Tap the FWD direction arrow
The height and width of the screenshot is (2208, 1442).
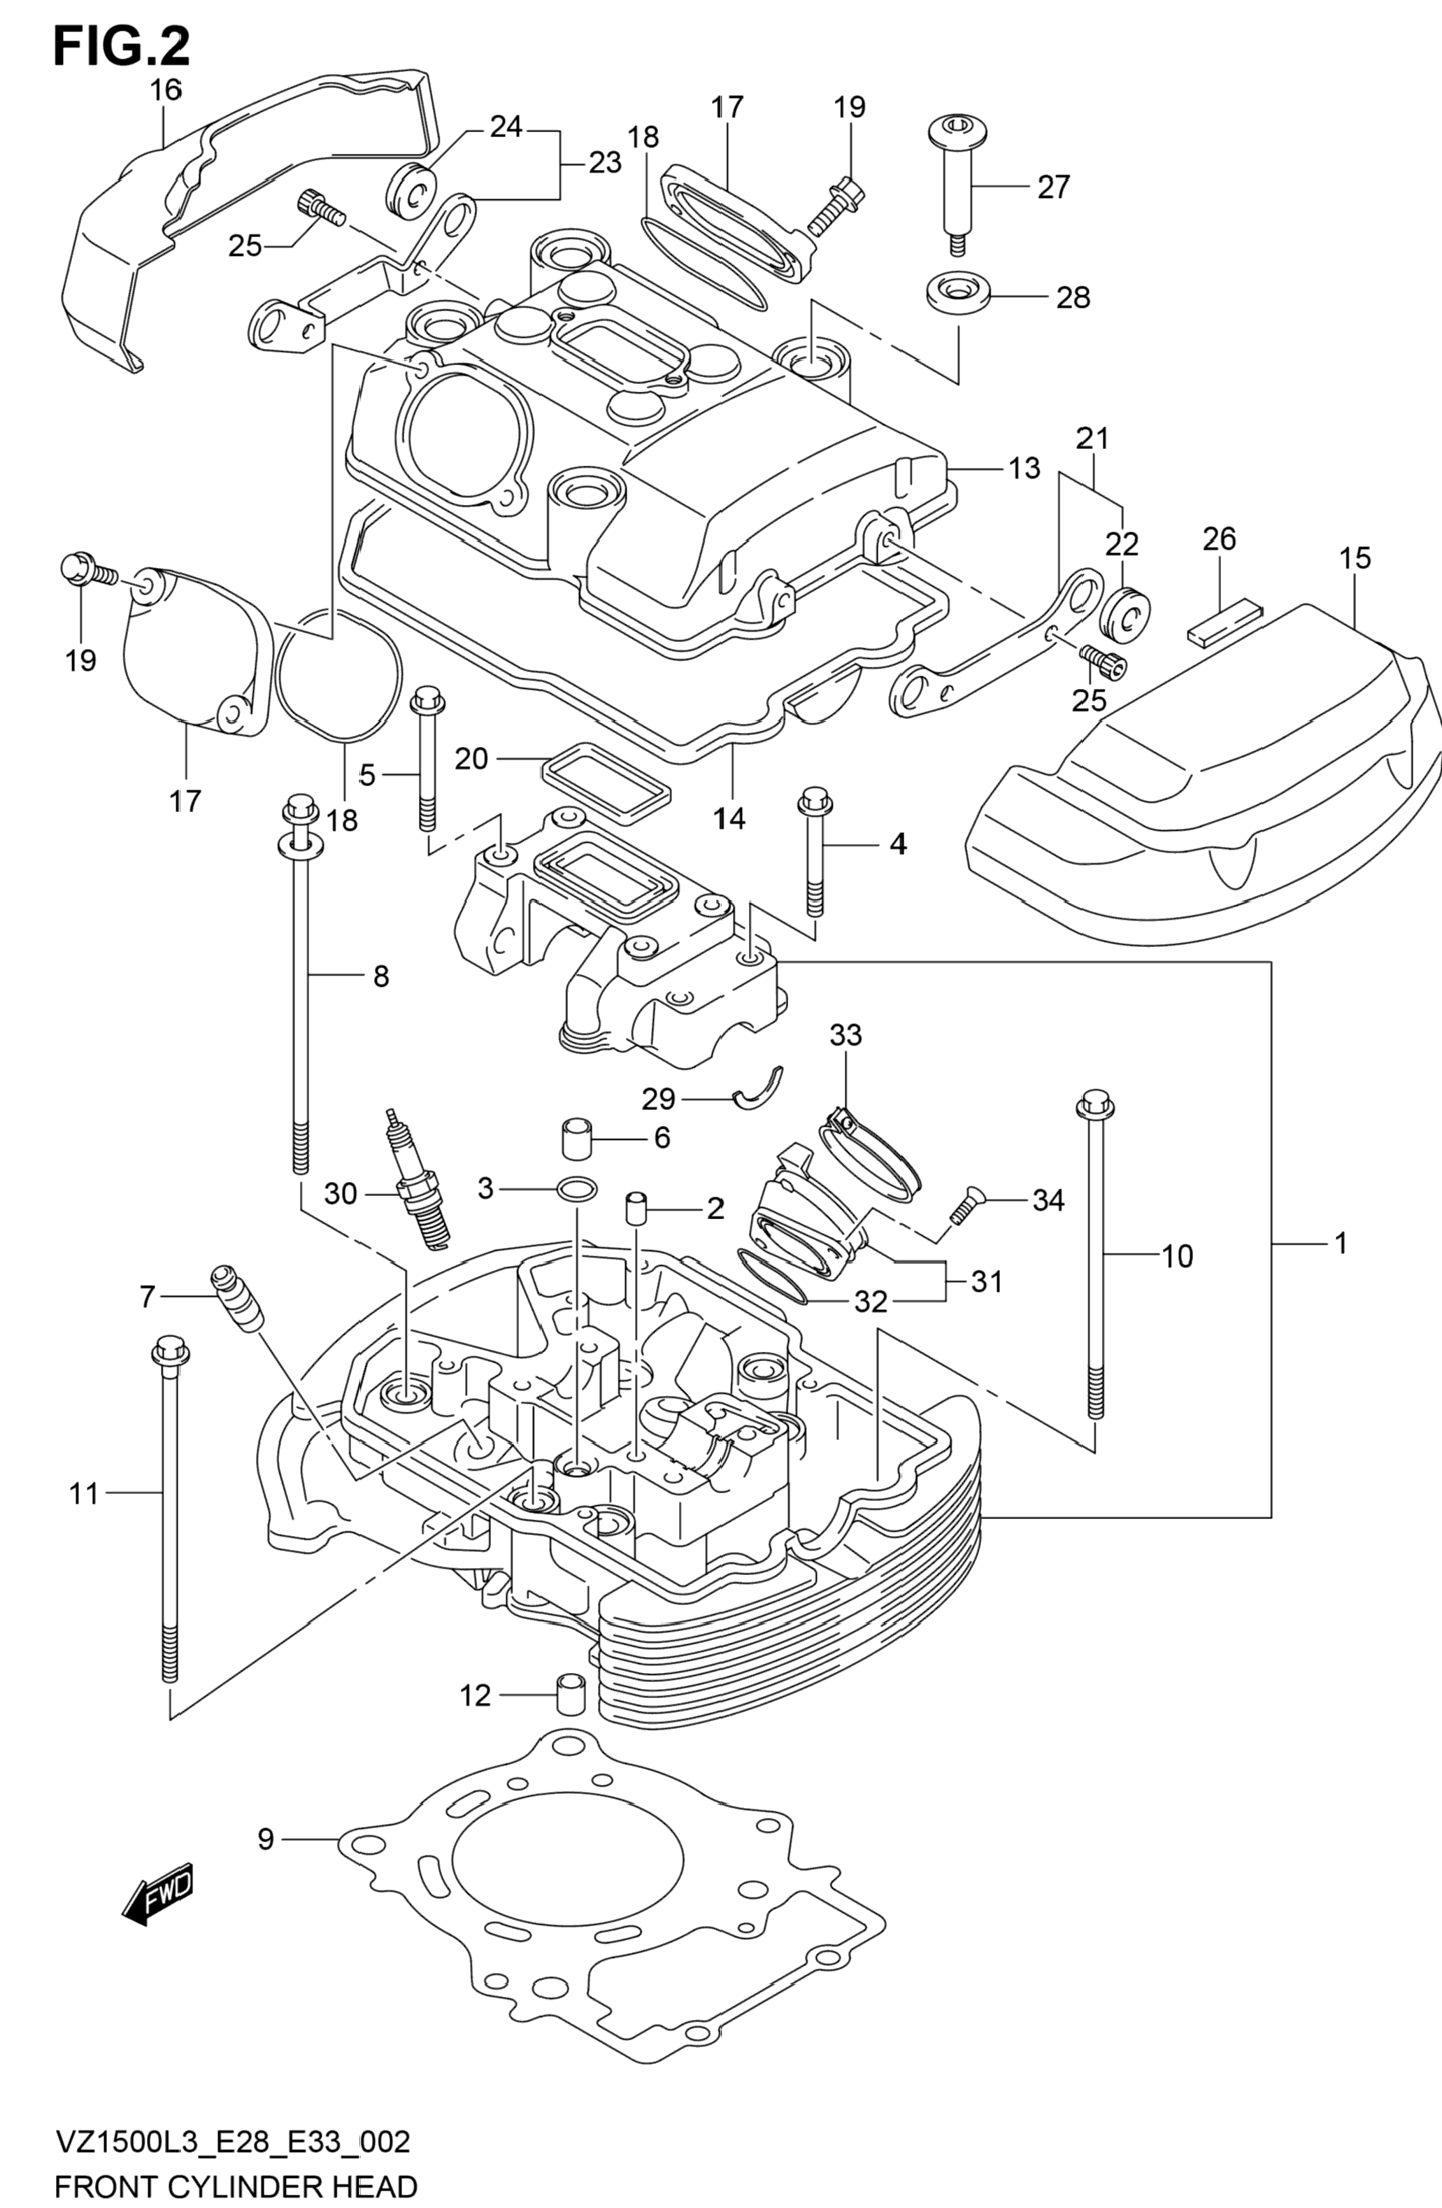pos(157,1890)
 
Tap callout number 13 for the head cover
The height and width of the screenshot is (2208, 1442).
pos(1025,468)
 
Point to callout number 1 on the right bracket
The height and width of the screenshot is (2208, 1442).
pos(1341,1242)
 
